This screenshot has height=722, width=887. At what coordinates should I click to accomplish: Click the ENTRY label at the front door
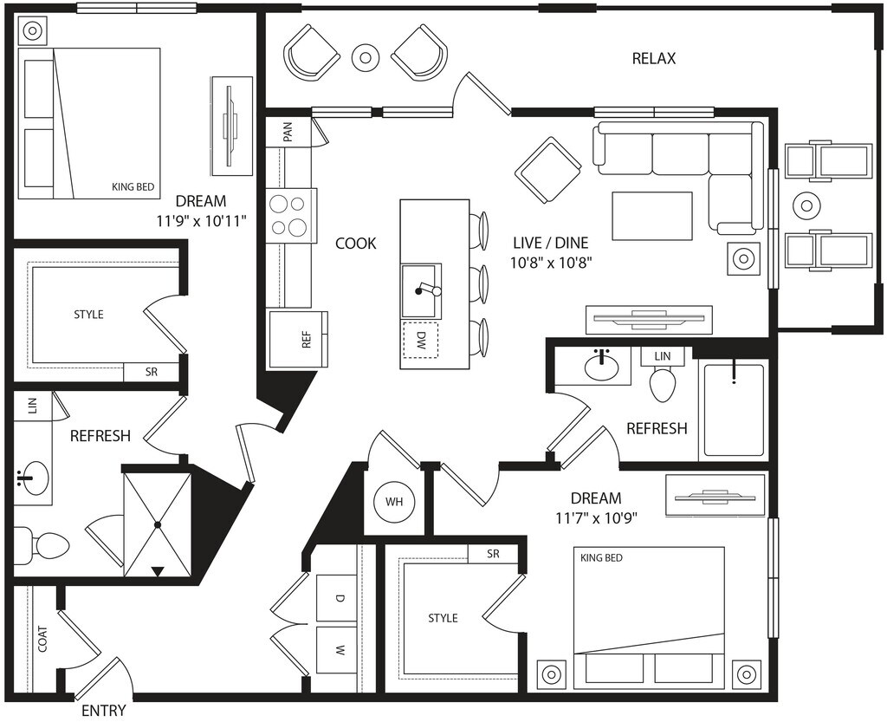coord(104,710)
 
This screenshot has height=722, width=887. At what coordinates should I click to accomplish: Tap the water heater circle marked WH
coord(394,501)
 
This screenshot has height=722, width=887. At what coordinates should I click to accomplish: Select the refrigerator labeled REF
coord(299,339)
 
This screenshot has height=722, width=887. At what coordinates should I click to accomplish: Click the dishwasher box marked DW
coord(420,340)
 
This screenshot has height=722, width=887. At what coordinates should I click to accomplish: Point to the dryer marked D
coord(337,597)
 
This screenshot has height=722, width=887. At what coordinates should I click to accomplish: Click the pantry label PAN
coord(288,133)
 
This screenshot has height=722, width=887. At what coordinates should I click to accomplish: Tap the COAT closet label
coord(42,639)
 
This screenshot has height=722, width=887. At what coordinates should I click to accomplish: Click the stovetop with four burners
coord(290,216)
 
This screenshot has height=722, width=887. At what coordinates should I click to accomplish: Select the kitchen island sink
coord(422,290)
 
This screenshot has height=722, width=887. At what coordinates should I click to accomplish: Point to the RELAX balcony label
coord(654,58)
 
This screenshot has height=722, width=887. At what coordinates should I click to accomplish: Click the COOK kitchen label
coord(356,244)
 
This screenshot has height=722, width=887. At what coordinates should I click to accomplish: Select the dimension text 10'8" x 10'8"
coord(552,263)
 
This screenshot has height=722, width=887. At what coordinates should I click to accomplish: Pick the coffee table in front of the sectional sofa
coord(652,216)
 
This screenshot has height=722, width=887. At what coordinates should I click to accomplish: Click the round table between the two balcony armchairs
coord(365,56)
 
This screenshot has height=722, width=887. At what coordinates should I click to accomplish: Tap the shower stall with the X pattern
coord(158,525)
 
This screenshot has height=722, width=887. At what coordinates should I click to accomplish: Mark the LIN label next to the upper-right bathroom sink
coord(663,356)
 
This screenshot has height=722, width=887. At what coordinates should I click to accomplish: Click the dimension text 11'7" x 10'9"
coord(596,517)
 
